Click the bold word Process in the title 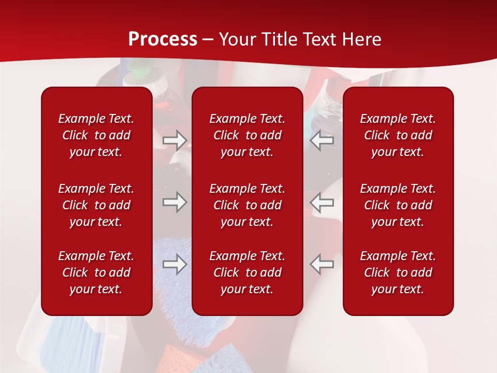163,39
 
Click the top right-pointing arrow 174,140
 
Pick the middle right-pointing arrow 174,202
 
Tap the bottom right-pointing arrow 174,264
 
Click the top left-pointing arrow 322,140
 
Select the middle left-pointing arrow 322,202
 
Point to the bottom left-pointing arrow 322,264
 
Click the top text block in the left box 96,135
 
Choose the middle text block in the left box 96,205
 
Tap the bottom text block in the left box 96,272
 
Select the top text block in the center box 247,135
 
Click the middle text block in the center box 247,205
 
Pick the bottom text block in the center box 247,272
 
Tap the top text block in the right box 398,135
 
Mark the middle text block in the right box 398,205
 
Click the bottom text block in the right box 398,272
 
